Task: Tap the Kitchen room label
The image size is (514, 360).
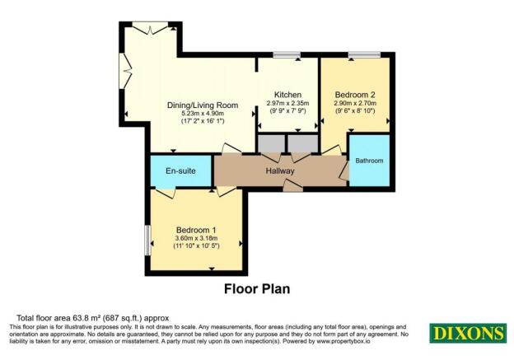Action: (x=287, y=95)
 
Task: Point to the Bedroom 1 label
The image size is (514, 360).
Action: (x=197, y=229)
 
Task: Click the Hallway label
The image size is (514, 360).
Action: (x=280, y=171)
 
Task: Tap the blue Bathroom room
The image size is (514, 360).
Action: (x=368, y=160)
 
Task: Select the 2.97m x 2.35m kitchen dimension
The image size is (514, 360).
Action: (x=287, y=104)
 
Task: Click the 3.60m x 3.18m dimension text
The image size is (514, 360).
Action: (x=197, y=238)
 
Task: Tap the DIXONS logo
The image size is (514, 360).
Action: (x=467, y=334)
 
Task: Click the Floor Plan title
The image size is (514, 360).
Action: (x=256, y=289)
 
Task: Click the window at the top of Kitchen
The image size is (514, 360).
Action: (x=287, y=55)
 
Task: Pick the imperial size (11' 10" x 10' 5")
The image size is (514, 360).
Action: (x=197, y=246)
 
